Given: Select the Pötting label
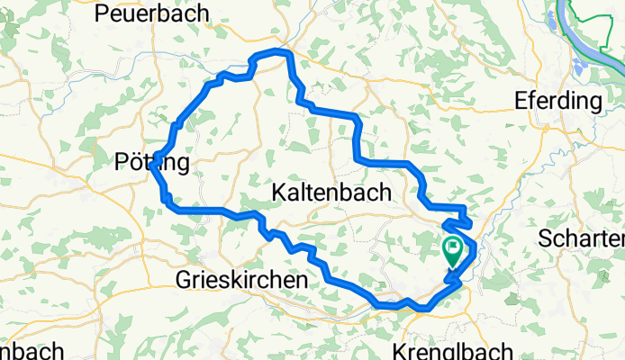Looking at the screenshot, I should pos(153,163).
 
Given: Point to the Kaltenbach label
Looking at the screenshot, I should pos(332,192).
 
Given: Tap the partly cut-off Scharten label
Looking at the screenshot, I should pos(581,238).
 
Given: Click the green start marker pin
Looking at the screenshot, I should pos(452,251).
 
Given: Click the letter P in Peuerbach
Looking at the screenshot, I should pos(100,13).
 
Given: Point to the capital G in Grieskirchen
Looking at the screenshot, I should pos(182,281).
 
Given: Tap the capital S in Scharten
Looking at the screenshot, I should pos(544,238).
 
